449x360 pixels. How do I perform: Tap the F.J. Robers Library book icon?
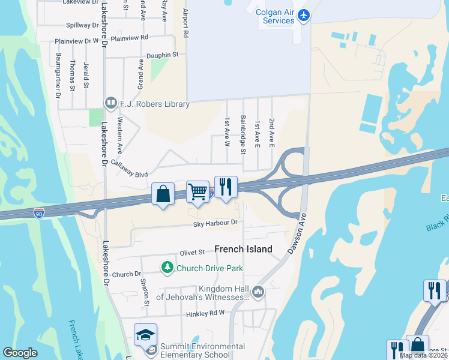(x=110, y=104)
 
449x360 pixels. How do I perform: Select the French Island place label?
(x=243, y=249)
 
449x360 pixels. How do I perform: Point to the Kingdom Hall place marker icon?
(x=259, y=292)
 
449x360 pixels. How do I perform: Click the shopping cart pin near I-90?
(x=197, y=192)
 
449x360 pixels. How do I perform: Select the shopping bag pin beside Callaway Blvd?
(x=163, y=194)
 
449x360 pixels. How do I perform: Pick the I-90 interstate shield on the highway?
(x=39, y=212)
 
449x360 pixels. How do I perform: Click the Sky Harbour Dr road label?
(x=215, y=223)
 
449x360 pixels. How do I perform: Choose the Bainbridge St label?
(x=243, y=135)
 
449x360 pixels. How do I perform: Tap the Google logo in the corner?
(x=20, y=353)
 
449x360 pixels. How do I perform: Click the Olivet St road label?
(x=193, y=253)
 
